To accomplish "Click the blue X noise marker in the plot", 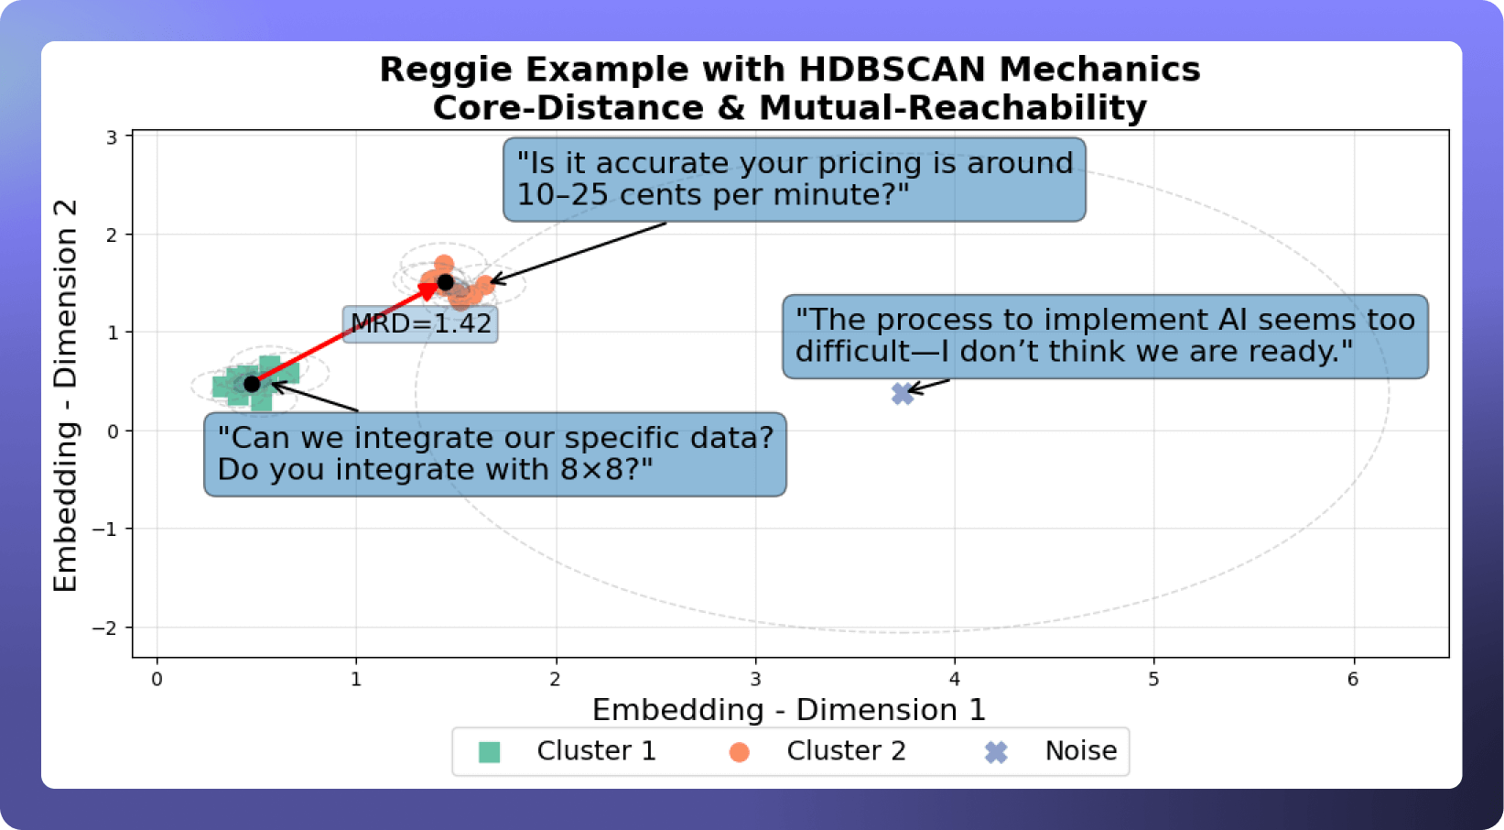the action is pos(903,394).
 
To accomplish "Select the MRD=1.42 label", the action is pos(420,324).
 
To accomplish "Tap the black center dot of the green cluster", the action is pos(252,384).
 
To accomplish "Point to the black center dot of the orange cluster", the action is pos(445,281).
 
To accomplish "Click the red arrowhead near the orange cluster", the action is pos(428,291).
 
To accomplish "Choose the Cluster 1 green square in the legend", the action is pos(489,752).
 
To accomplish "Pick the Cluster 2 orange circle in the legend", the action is pos(740,752).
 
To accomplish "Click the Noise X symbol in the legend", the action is pos(996,752).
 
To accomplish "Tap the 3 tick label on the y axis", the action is pos(112,137).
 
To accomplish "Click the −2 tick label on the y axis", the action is pos(104,628).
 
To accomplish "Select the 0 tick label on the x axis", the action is pos(157,680).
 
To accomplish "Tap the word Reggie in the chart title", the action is pos(447,71).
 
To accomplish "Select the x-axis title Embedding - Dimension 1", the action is pos(789,710).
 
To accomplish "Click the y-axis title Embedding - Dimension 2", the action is pos(65,395).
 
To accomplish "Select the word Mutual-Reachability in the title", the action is pos(953,107).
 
